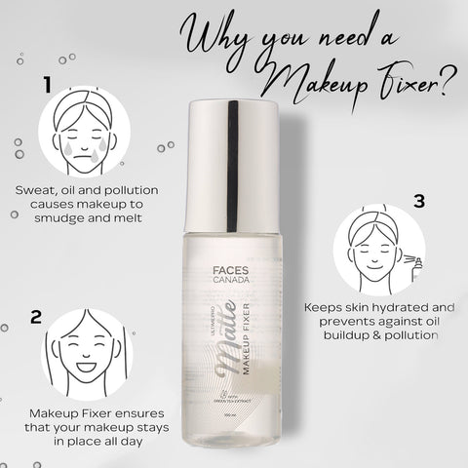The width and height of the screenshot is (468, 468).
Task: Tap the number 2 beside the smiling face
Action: tap(36, 317)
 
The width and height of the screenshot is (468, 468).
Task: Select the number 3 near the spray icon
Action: tap(420, 202)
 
